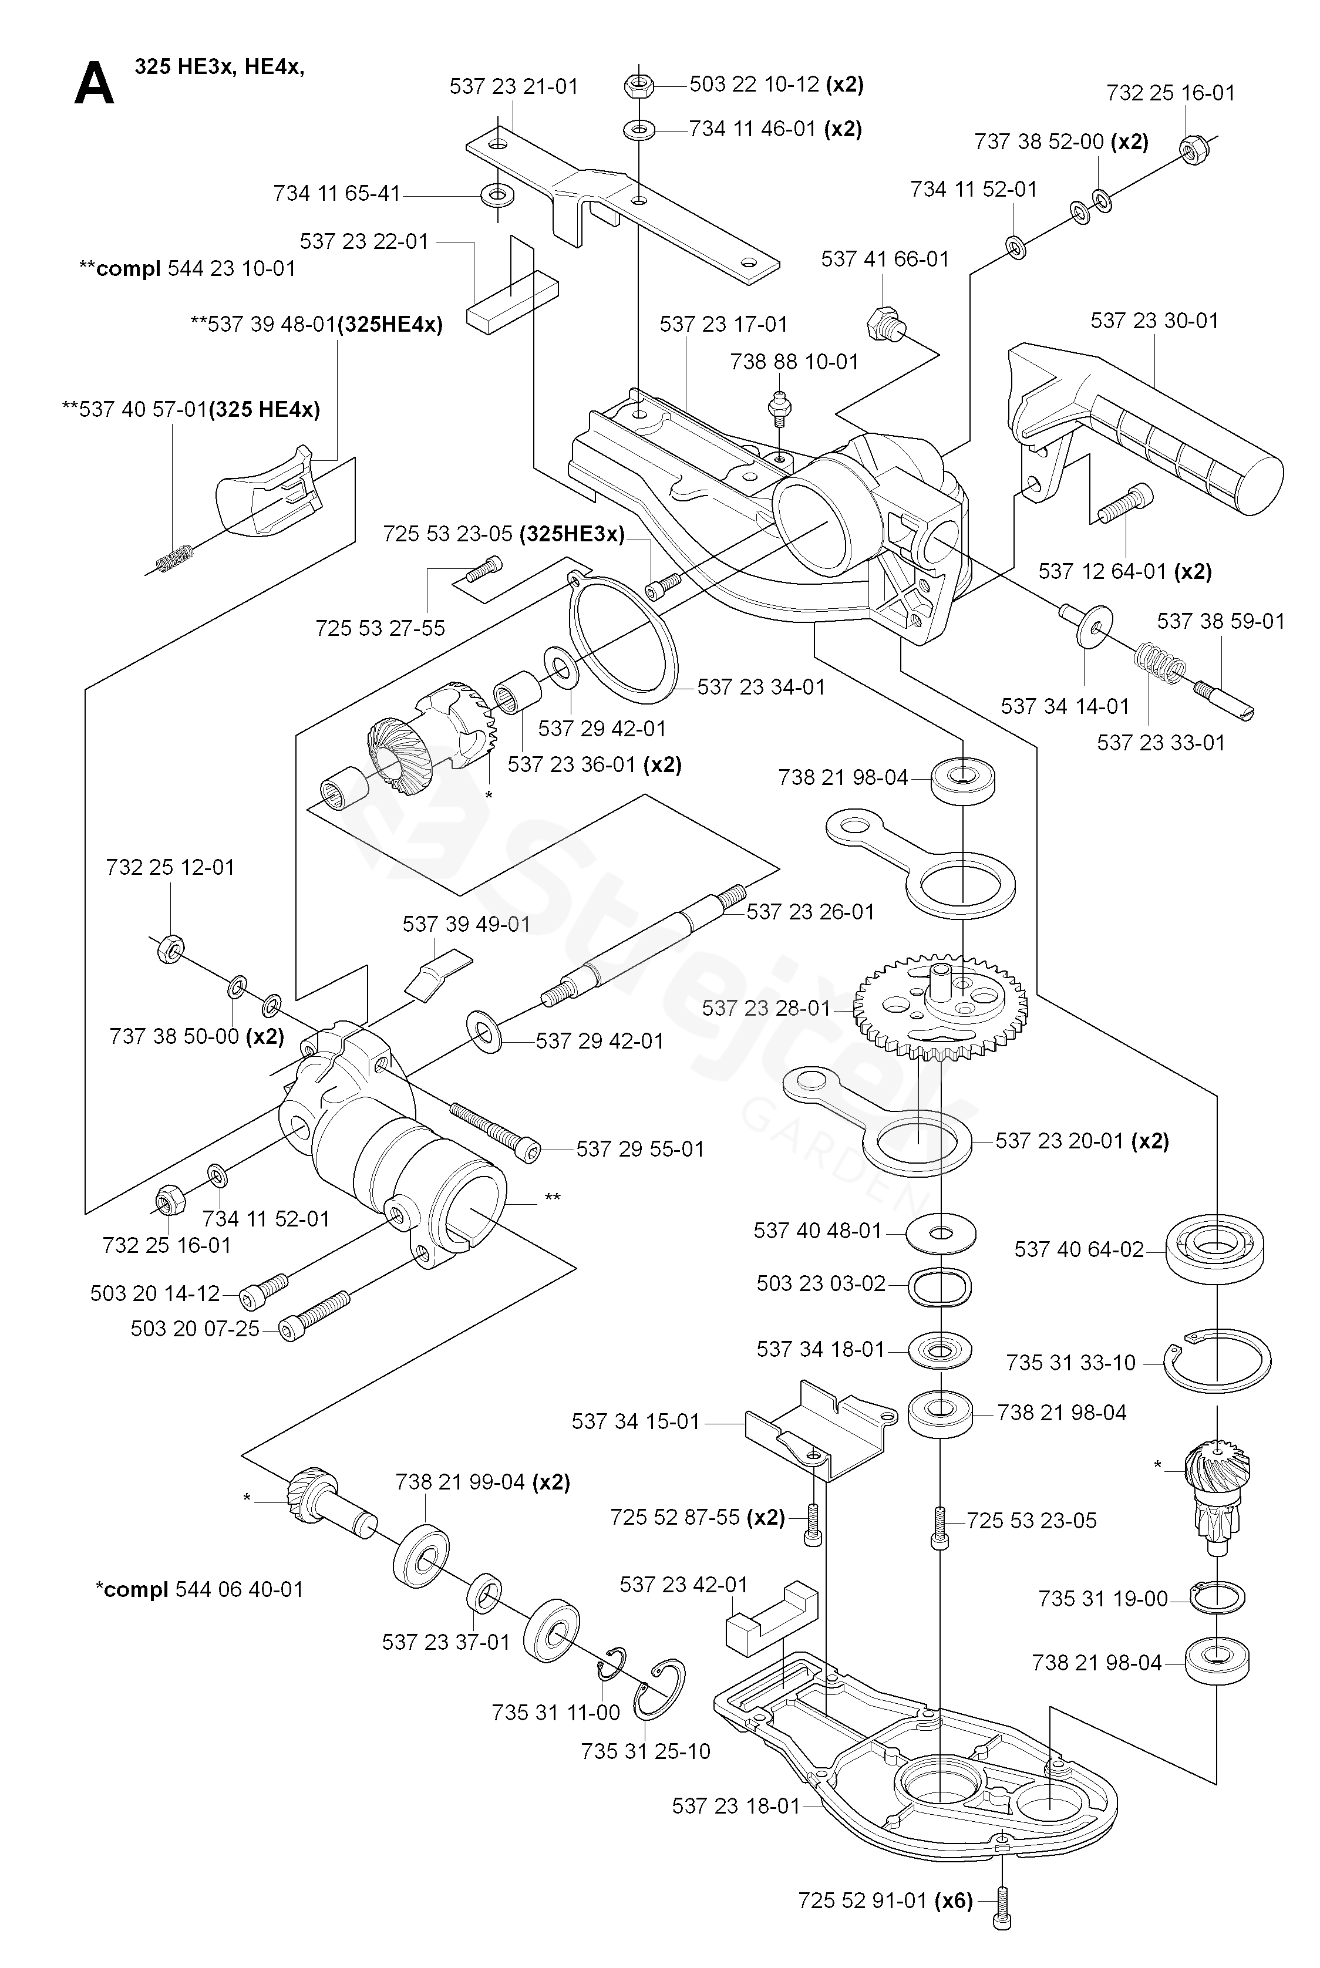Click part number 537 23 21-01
514,87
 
